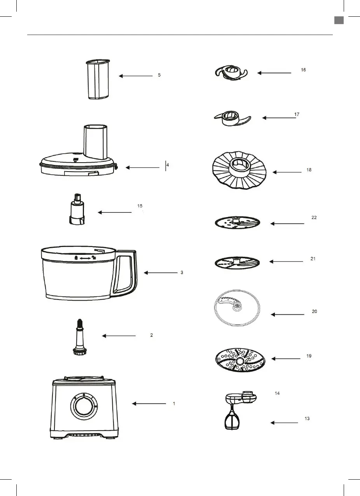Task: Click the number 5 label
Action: point(159,75)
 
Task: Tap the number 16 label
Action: point(303,70)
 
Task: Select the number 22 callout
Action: point(314,218)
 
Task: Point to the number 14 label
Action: point(277,394)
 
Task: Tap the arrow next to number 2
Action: point(119,336)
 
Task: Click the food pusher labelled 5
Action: point(98,80)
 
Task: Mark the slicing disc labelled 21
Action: point(237,263)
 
